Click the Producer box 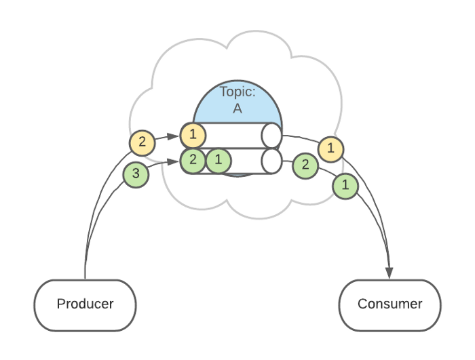(85, 304)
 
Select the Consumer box (389, 304)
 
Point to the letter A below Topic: (237, 108)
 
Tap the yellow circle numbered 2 (142, 142)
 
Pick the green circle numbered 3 (136, 174)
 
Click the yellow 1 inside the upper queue (193, 135)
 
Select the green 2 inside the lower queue (193, 161)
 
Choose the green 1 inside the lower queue (218, 161)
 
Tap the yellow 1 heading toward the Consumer (330, 148)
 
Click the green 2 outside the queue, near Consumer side (305, 165)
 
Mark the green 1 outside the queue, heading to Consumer (345, 184)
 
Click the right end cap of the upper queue (271, 135)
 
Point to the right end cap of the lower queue (271, 161)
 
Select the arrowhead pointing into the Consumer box (390, 273)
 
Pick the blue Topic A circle (237, 102)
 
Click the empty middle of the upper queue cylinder (234, 135)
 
